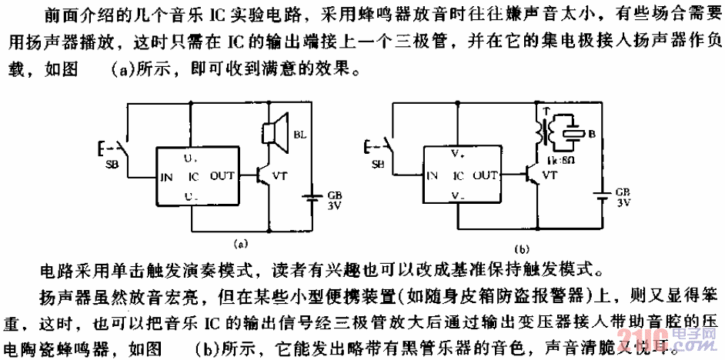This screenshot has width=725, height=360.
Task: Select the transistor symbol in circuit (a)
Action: point(263,175)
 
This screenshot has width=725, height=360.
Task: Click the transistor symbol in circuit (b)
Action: point(531,175)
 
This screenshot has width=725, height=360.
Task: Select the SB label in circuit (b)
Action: point(378,165)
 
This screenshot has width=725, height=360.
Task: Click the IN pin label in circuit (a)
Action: point(165,175)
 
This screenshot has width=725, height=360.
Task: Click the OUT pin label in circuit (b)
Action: point(486,175)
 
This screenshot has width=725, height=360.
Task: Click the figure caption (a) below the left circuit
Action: point(241,244)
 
